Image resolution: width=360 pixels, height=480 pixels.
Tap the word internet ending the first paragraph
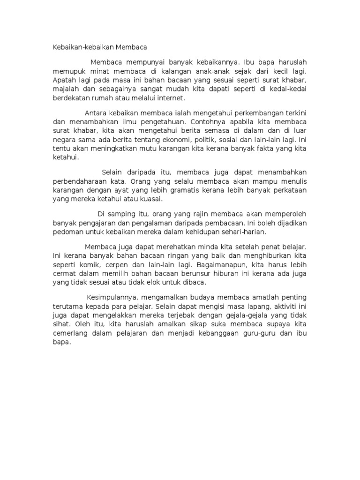[172, 98]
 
